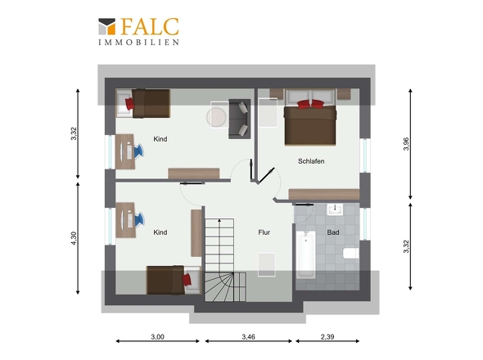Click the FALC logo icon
point(107,26)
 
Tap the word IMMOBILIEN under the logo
point(138,43)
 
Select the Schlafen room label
point(311,161)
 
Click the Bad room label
point(333,232)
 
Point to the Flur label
point(264,232)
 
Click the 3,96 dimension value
point(406,144)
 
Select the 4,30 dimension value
point(74,238)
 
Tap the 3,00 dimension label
point(157,337)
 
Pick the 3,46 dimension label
point(248,337)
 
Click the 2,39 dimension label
point(327,337)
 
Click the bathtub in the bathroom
point(305,254)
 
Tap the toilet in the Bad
point(351,254)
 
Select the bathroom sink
point(335,209)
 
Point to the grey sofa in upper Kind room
point(239,119)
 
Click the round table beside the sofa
point(217,117)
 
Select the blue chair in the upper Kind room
point(138,151)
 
